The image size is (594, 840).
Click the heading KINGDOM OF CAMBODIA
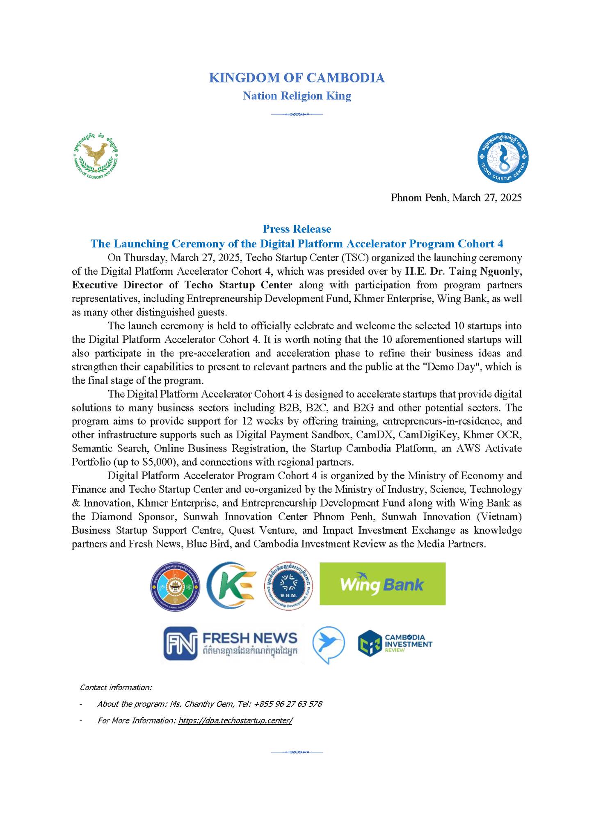pyautogui.click(x=297, y=78)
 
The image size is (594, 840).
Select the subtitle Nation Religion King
pyautogui.click(x=297, y=96)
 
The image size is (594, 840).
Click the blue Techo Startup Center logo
pyautogui.click(x=503, y=158)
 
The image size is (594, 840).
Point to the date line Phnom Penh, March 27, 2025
pyautogui.click(x=456, y=198)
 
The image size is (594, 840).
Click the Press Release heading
pyautogui.click(x=297, y=229)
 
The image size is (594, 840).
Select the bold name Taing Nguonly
pyautogui.click(x=486, y=272)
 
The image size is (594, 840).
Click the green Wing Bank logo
pyautogui.click(x=382, y=584)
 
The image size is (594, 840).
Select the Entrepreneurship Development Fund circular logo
pyautogui.click(x=288, y=584)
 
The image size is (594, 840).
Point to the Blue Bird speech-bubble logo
pyautogui.click(x=328, y=644)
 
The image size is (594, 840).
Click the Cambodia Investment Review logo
pyautogui.click(x=395, y=643)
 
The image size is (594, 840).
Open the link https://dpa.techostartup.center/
pyautogui.click(x=235, y=720)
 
